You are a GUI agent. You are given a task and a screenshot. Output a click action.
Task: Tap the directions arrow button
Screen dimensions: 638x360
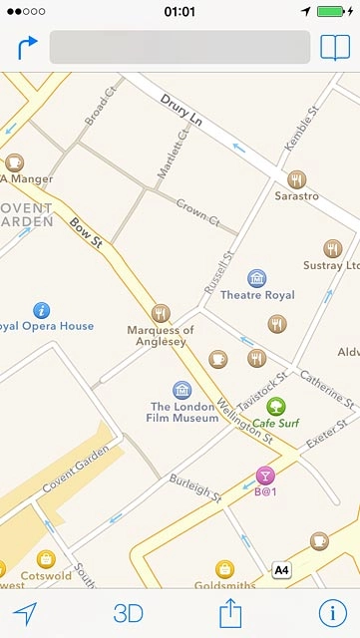click(x=27, y=47)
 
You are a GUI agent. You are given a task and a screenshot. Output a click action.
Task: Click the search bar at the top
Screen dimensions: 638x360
click(x=180, y=47)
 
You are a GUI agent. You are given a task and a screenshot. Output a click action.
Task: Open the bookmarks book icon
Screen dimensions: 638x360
click(x=335, y=47)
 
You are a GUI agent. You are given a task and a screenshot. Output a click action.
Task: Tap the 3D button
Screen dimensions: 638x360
click(x=128, y=613)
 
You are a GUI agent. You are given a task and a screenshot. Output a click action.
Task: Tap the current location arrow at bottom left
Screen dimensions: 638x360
click(x=25, y=613)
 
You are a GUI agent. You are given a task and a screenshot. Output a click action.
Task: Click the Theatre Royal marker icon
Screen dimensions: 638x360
click(x=257, y=278)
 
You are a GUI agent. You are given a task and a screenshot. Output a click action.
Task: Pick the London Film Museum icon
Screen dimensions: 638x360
click(x=181, y=389)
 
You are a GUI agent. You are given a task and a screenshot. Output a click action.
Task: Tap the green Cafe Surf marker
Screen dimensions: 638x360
click(x=275, y=405)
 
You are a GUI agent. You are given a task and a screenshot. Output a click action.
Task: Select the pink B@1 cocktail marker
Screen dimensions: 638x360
click(x=264, y=475)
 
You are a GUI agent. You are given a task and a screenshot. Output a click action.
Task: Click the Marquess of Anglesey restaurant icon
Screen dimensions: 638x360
click(x=161, y=314)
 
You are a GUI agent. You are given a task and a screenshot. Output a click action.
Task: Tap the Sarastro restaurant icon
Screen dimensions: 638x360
click(x=296, y=179)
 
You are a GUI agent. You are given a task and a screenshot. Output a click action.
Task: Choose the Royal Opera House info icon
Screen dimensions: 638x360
click(x=41, y=309)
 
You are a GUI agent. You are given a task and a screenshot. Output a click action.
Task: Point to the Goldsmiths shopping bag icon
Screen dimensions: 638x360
click(x=224, y=568)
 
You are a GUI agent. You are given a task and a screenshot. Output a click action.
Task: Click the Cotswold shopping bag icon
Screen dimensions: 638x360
click(x=45, y=559)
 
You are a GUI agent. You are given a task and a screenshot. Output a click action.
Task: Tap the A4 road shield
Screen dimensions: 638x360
click(x=282, y=570)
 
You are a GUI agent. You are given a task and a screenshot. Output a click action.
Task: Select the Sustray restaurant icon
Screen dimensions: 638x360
click(x=333, y=248)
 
